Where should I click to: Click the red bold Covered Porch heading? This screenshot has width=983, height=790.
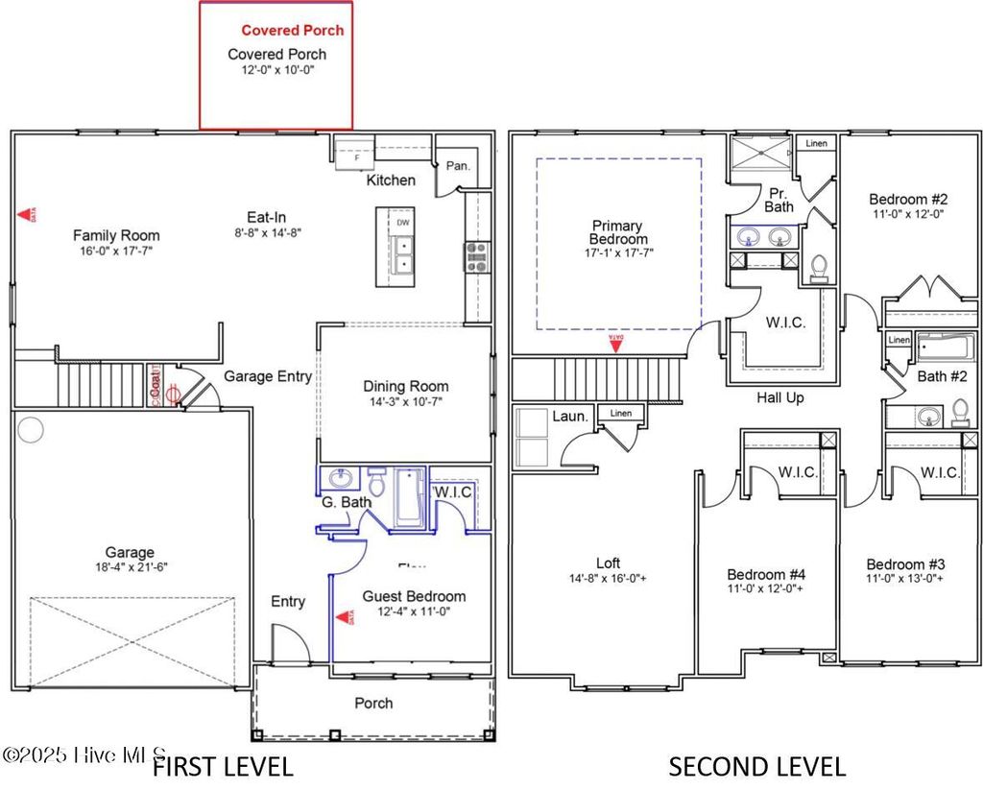(x=292, y=31)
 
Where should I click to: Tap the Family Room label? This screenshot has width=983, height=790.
(x=116, y=235)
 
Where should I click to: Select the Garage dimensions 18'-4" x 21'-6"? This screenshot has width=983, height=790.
(x=130, y=568)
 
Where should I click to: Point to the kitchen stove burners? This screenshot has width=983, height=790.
(x=476, y=257)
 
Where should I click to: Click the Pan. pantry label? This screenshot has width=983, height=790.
(x=458, y=166)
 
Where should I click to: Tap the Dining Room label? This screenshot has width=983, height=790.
(x=405, y=386)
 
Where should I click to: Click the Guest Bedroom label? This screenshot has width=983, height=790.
(x=414, y=596)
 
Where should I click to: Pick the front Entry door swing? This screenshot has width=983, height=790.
(x=289, y=643)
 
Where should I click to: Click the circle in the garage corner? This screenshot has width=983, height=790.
(x=31, y=430)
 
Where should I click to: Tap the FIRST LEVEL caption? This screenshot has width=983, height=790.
(x=223, y=766)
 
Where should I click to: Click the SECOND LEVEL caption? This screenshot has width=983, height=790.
(x=756, y=766)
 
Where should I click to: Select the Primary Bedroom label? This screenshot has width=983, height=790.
(x=617, y=232)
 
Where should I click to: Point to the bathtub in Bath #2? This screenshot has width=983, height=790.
(x=946, y=347)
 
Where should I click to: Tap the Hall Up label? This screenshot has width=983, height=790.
(x=779, y=397)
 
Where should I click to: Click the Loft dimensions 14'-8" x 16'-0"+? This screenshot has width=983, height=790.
(x=608, y=578)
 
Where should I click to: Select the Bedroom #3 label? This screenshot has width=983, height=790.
(x=905, y=564)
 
